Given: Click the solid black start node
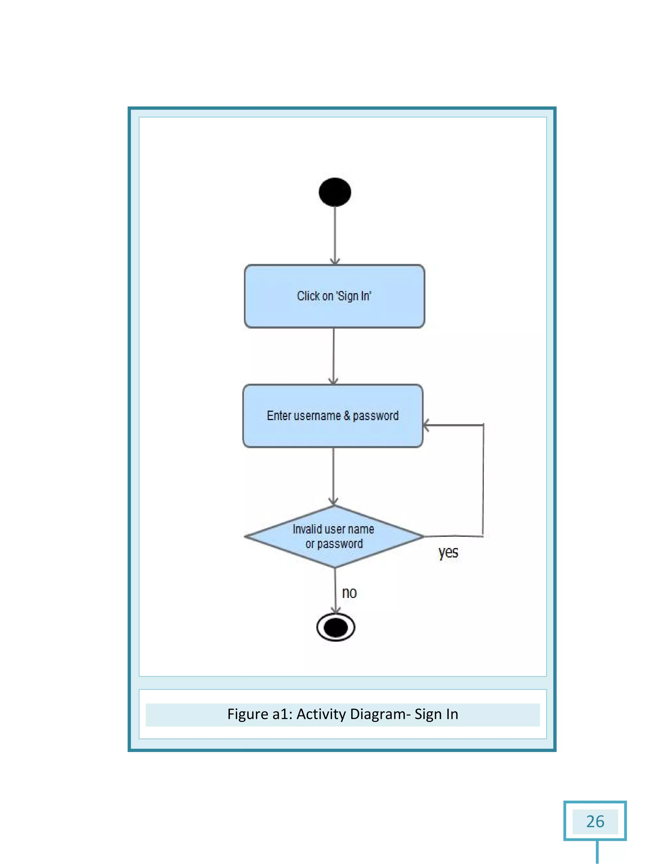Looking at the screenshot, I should tap(334, 192).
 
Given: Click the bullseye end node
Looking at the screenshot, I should tap(336, 627).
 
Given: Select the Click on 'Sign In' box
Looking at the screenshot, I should tap(334, 296).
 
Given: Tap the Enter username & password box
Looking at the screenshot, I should tap(333, 416).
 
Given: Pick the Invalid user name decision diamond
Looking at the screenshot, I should tap(334, 536).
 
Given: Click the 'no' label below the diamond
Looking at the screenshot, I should tap(349, 593).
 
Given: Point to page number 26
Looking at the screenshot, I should tap(595, 822).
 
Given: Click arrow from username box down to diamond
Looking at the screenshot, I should tap(333, 475).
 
